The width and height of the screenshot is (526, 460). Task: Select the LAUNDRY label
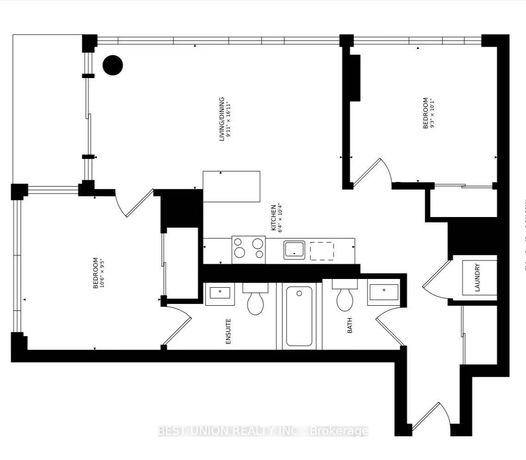click(477, 277)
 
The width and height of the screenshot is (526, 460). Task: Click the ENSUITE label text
click(228, 331)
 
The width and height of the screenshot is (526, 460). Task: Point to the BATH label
click(349, 325)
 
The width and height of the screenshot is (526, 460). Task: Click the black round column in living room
click(112, 65)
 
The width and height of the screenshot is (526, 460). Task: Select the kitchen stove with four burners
click(249, 249)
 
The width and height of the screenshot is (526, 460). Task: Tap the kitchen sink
click(294, 250)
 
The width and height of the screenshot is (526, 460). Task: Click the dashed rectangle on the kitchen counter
click(322, 251)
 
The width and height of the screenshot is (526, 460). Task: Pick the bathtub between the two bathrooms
click(299, 316)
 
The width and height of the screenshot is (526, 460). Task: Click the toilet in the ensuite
click(255, 300)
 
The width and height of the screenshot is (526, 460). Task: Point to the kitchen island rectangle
click(231, 186)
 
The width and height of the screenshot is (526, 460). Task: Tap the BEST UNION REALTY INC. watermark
click(263, 431)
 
